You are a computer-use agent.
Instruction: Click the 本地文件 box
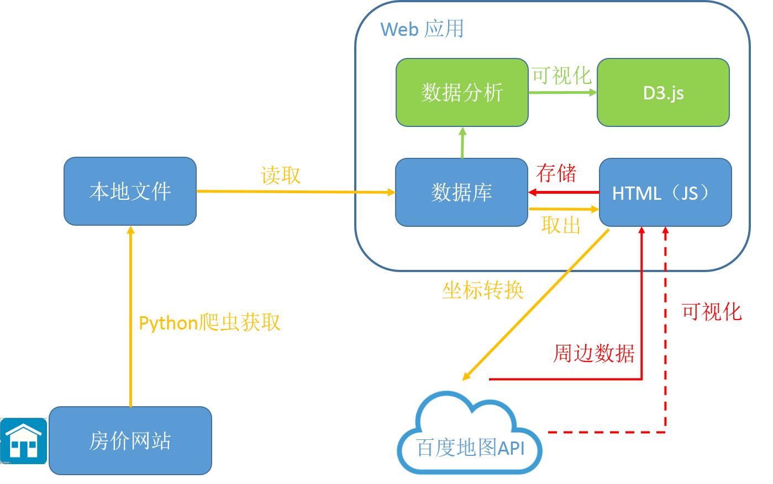click(x=130, y=192)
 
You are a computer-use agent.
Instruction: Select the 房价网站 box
click(x=130, y=440)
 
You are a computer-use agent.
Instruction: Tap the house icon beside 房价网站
click(x=24, y=441)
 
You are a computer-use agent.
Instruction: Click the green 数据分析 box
click(x=462, y=93)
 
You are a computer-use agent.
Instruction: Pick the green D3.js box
click(x=663, y=93)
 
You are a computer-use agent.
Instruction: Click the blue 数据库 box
click(x=461, y=192)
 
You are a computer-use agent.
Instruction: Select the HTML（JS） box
click(x=665, y=192)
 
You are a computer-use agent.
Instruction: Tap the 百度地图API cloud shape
click(x=470, y=436)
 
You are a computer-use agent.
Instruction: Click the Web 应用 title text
click(x=422, y=29)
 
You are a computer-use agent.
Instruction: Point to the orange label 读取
click(x=281, y=175)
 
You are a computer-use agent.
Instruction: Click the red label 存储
click(x=556, y=173)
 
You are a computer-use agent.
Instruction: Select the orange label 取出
click(x=561, y=225)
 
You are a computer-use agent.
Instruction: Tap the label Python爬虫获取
click(x=209, y=323)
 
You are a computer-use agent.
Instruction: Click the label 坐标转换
click(x=482, y=290)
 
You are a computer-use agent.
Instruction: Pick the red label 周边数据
click(x=593, y=353)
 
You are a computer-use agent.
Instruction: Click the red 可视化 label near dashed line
click(x=711, y=312)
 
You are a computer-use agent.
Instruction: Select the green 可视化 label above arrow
click(x=561, y=76)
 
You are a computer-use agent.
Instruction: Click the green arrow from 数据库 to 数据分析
click(x=462, y=143)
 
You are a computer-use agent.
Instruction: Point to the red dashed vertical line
click(x=665, y=331)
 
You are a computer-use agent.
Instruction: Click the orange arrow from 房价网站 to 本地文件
click(x=130, y=315)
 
